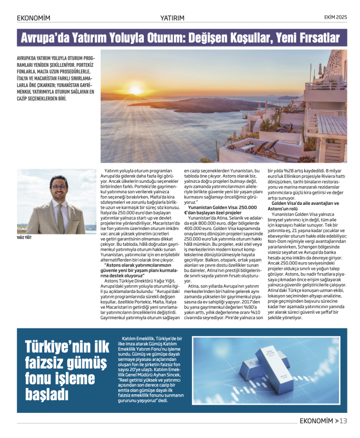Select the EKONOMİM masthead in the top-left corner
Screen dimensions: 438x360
pyautogui.click(x=33, y=18)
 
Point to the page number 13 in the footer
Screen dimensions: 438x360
pyautogui.click(x=343, y=420)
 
